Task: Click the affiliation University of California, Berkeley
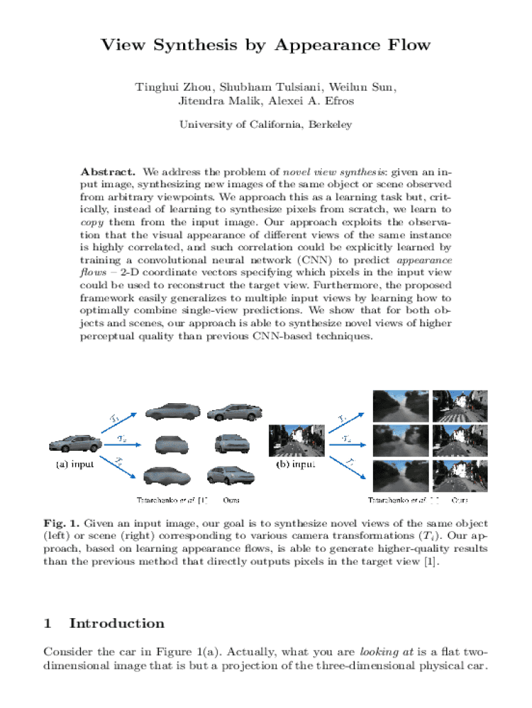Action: pyautogui.click(x=266, y=125)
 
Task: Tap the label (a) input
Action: pyautogui.click(x=75, y=464)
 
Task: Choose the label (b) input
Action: pyautogui.click(x=296, y=465)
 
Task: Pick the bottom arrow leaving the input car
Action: pyautogui.click(x=120, y=468)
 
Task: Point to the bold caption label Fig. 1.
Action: pyautogui.click(x=58, y=523)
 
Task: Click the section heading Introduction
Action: pyautogui.click(x=117, y=624)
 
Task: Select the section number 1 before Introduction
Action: pyautogui.click(x=47, y=624)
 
